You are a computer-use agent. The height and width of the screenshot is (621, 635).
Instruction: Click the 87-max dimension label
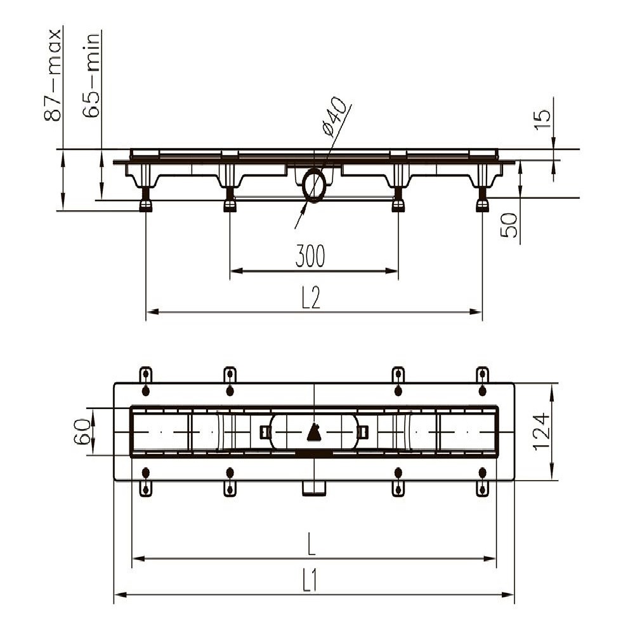coord(53,75)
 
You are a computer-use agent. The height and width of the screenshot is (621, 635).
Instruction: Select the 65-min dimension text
coord(91,75)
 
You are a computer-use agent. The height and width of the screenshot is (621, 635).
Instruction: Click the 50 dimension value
coord(509,225)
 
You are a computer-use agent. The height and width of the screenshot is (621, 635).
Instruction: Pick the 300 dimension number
coord(310,256)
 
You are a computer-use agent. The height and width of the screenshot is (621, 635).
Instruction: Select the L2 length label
coord(311,298)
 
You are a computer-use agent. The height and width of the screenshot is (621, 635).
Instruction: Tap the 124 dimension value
coord(541,432)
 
